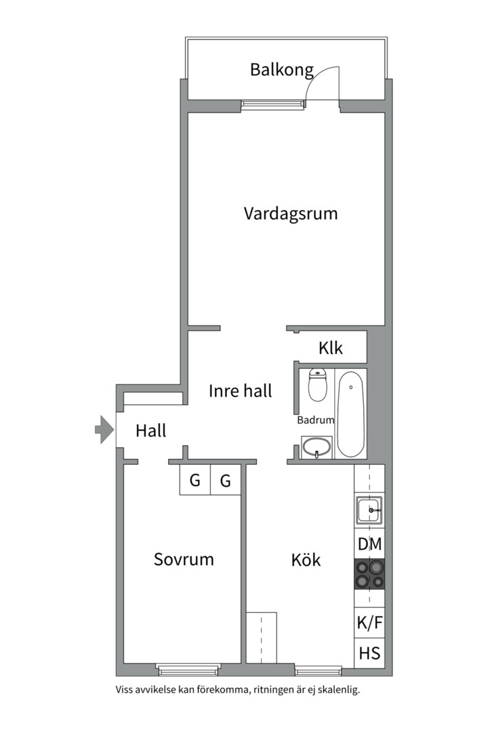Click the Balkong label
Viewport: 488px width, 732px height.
(x=281, y=70)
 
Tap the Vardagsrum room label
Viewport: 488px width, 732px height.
(x=291, y=213)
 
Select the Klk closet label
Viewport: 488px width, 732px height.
(x=331, y=348)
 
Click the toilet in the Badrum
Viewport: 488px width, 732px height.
(x=318, y=385)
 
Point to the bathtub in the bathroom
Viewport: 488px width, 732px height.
(x=350, y=413)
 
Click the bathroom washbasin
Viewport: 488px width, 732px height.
(x=317, y=448)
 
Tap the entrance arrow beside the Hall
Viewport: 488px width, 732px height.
(x=104, y=429)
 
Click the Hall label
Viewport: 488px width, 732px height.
(x=151, y=430)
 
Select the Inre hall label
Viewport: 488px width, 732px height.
(x=240, y=391)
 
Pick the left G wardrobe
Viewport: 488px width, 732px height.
(x=195, y=479)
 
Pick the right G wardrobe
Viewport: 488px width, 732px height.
(x=226, y=479)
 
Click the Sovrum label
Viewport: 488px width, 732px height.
(x=184, y=559)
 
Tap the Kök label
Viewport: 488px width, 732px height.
(x=306, y=559)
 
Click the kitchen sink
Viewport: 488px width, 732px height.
(x=369, y=510)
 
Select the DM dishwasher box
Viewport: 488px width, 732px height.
(x=369, y=544)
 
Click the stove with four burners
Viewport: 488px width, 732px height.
(x=369, y=574)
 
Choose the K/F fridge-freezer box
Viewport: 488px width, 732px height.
(x=369, y=623)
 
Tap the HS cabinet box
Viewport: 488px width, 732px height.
(x=369, y=653)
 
